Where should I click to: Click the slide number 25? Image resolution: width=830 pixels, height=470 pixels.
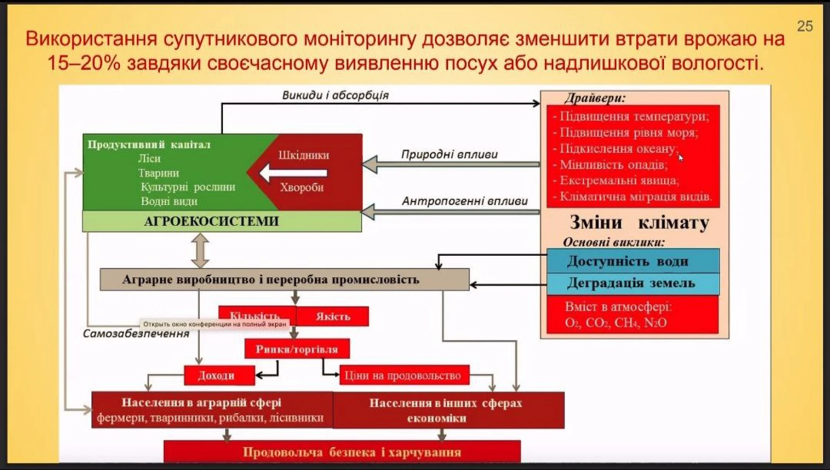pyautogui.click(x=805, y=26)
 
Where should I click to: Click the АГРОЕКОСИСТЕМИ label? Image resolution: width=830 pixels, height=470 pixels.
pyautogui.click(x=212, y=221)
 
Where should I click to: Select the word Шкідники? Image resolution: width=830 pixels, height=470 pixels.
pyautogui.click(x=304, y=155)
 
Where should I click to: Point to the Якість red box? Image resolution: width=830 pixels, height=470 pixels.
pyautogui.click(x=333, y=316)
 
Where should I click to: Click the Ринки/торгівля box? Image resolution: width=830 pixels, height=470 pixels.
pyautogui.click(x=297, y=349)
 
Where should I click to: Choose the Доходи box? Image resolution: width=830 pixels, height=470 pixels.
pyautogui.click(x=216, y=376)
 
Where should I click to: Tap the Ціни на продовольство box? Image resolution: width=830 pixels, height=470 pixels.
pyautogui.click(x=403, y=376)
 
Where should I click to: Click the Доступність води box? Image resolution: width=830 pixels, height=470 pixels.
pyautogui.click(x=628, y=261)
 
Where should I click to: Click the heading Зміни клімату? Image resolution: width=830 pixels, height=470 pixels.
pyautogui.click(x=639, y=223)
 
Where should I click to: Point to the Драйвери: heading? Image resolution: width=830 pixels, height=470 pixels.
pyautogui.click(x=595, y=98)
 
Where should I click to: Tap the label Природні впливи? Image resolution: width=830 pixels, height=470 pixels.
pyautogui.click(x=449, y=155)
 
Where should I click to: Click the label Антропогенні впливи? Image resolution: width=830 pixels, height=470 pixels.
pyautogui.click(x=464, y=201)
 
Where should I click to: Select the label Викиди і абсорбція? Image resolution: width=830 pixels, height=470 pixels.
pyautogui.click(x=335, y=95)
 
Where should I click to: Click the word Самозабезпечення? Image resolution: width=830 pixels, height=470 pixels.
pyautogui.click(x=136, y=334)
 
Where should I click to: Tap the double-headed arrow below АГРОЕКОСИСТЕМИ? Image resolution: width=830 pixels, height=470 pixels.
pyautogui.click(x=200, y=250)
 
